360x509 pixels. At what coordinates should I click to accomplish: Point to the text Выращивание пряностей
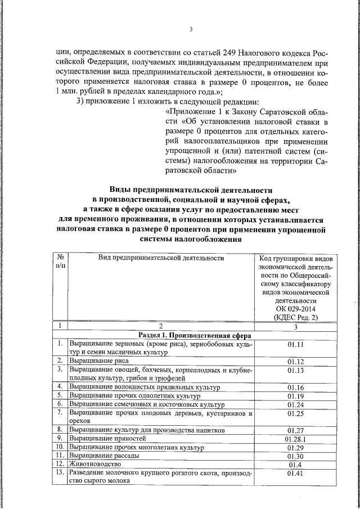pos(107,438)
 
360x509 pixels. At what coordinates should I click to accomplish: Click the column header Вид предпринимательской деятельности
pos(161,258)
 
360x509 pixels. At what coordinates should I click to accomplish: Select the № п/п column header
pos(60,262)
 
